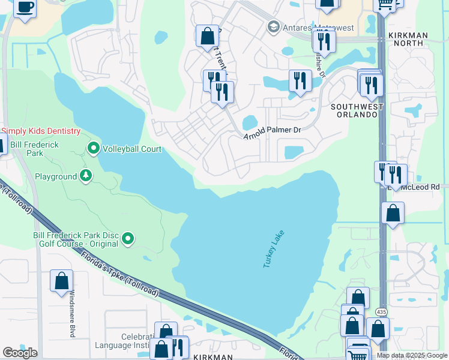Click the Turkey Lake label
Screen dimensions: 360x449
(x=273, y=249)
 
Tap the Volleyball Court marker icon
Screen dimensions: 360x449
(x=94, y=148)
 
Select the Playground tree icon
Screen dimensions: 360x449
(x=86, y=176)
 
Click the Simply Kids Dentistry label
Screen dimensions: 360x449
(x=41, y=131)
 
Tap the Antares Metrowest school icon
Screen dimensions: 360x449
(x=274, y=28)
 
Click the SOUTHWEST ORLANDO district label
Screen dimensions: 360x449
(x=357, y=111)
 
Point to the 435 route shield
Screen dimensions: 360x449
(x=382, y=312)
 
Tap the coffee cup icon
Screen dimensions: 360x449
(x=24, y=7)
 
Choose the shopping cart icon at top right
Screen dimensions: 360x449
(x=385, y=5)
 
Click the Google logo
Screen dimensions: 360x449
(x=20, y=353)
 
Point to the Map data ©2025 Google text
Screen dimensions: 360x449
(x=412, y=355)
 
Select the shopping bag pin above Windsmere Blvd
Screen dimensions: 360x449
(x=61, y=281)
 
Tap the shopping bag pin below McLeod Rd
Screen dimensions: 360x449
(x=393, y=213)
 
